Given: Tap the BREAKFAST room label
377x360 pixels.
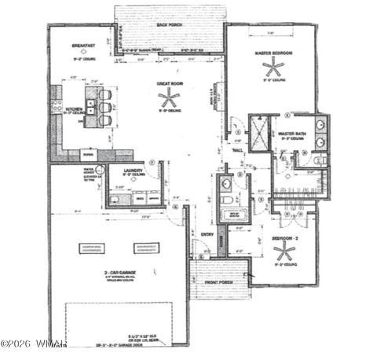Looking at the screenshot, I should [x=82, y=46].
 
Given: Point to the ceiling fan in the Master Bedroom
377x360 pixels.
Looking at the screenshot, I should [x=274, y=66].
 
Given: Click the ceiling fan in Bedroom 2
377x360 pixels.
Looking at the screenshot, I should [x=284, y=252].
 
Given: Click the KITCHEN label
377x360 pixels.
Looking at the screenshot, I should [x=74, y=109].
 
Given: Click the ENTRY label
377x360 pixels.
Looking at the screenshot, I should [x=207, y=233].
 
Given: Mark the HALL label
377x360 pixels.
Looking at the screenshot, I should [x=236, y=149].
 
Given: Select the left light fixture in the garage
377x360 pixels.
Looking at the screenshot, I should [x=92, y=248].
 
